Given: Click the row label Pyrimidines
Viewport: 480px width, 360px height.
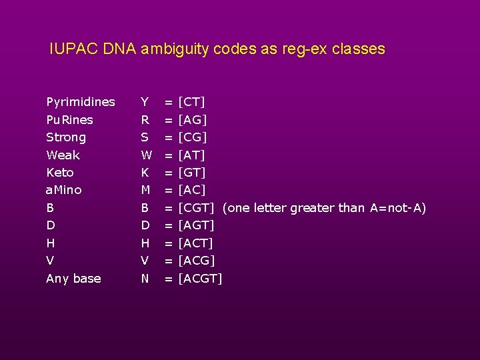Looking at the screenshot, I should pos(81,102).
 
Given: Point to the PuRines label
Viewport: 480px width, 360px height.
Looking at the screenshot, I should pos(69,120).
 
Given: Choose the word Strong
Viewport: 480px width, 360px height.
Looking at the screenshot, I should pos(66,137).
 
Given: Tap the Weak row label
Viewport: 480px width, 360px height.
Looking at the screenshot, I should pos(63,155).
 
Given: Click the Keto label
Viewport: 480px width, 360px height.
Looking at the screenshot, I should pos(60,173).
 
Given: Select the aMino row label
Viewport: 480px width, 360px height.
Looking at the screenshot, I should pos(64,190).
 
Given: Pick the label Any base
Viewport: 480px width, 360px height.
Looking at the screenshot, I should pos(73,279).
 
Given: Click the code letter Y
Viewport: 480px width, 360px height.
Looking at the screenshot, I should pos(145,102).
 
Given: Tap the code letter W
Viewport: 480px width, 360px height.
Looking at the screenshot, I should pos(146,155).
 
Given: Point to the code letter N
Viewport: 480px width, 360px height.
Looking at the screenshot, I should pos(145,279).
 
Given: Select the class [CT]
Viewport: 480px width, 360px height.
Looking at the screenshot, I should pos(192,102).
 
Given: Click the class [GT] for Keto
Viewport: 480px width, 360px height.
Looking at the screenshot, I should pos(193,173).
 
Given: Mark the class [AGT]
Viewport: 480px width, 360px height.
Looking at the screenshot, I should pos(197,225).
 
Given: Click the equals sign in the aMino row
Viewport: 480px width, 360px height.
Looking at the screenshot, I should pos(169,190).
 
